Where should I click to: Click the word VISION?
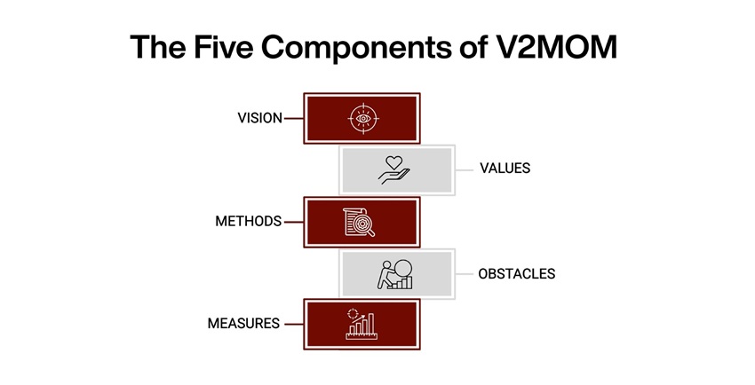click(x=258, y=118)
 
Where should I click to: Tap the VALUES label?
click(x=505, y=169)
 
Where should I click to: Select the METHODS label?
click(x=248, y=221)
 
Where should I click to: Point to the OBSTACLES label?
click(x=516, y=273)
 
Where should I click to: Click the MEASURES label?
click(x=244, y=324)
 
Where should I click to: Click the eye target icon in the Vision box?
click(x=362, y=118)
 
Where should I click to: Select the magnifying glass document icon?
click(x=359, y=221)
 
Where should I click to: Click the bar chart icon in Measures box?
click(x=362, y=324)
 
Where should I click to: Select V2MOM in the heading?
click(x=562, y=47)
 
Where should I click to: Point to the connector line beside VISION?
click(x=293, y=118)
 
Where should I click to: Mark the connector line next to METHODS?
click(x=293, y=221)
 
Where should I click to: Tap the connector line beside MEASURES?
click(x=293, y=324)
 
